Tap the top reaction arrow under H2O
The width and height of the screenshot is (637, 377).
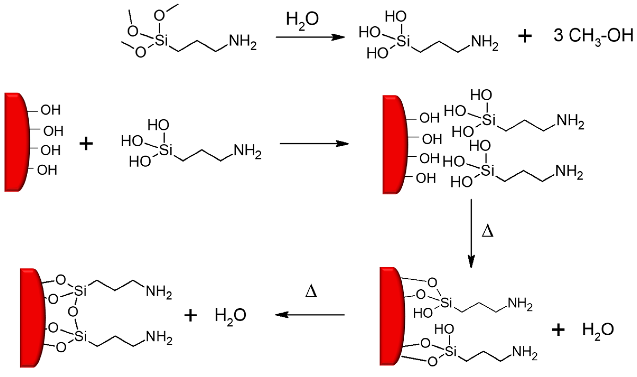coord(310,37)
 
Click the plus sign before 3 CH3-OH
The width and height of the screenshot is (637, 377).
coord(525,36)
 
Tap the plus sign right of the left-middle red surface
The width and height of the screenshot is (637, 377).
coord(86,144)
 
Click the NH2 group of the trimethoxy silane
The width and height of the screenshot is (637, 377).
coord(242,43)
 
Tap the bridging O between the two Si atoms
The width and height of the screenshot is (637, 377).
coord(73,312)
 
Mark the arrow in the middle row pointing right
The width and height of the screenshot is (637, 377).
coord(314,144)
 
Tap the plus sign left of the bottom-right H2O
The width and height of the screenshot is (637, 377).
coord(558,330)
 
